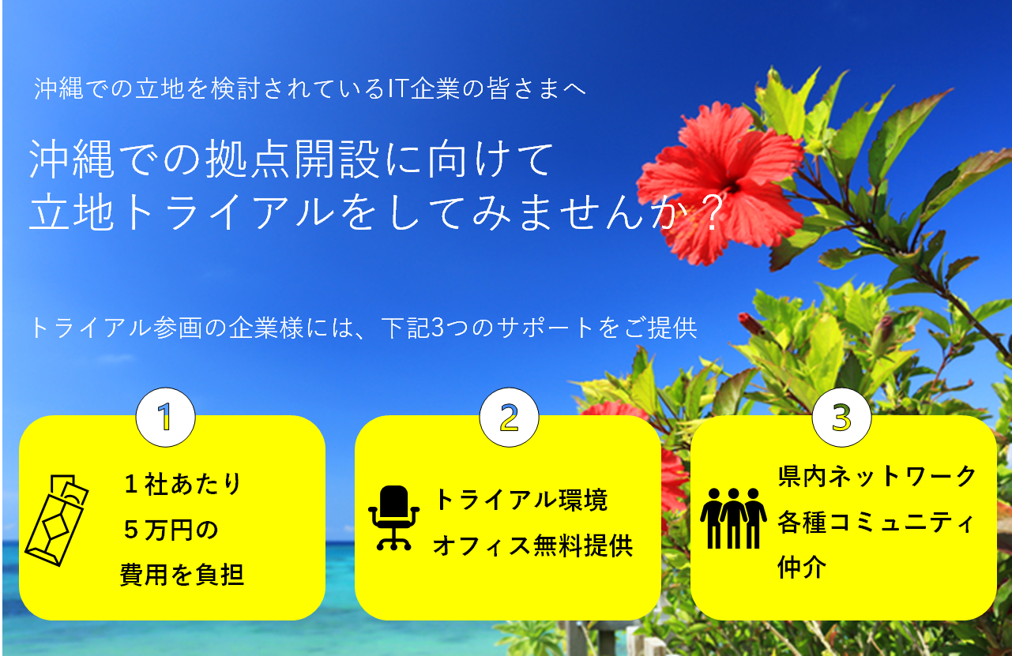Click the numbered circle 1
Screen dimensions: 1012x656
(165, 417)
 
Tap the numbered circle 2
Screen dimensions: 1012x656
(510, 417)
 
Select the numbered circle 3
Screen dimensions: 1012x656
(841, 417)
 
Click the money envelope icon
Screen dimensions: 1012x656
(57, 519)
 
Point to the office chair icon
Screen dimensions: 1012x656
(393, 518)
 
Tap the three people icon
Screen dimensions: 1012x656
(733, 519)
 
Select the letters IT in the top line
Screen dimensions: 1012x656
(397, 88)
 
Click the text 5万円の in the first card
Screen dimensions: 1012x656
(171, 530)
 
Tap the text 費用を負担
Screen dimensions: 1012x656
(182, 575)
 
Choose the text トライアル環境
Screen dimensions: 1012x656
(521, 500)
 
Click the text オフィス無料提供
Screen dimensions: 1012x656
(533, 545)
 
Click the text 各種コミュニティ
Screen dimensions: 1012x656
(875, 522)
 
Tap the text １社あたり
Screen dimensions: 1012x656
(183, 485)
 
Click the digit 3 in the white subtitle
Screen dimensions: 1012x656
(438, 328)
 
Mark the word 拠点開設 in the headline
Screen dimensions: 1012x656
(292, 159)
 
